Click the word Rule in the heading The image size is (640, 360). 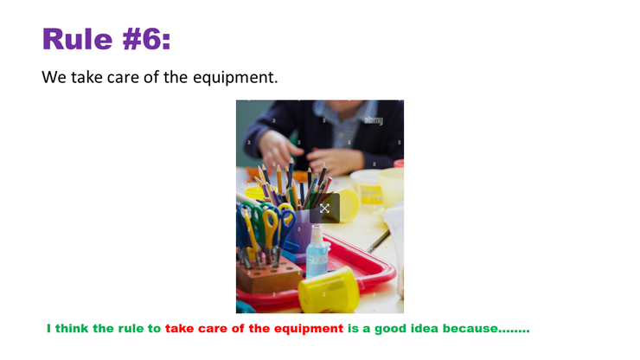[77, 39]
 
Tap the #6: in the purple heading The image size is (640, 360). [146, 39]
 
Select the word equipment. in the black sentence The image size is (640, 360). [235, 77]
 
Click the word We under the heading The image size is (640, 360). [54, 77]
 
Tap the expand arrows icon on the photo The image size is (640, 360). [324, 209]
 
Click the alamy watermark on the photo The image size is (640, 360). [374, 120]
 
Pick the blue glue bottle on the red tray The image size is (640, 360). [317, 252]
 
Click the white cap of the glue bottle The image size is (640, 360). [317, 233]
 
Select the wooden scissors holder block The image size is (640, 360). [269, 276]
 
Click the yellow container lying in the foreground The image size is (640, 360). [329, 290]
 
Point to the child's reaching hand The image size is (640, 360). [278, 150]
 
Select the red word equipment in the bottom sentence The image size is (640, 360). [309, 329]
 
